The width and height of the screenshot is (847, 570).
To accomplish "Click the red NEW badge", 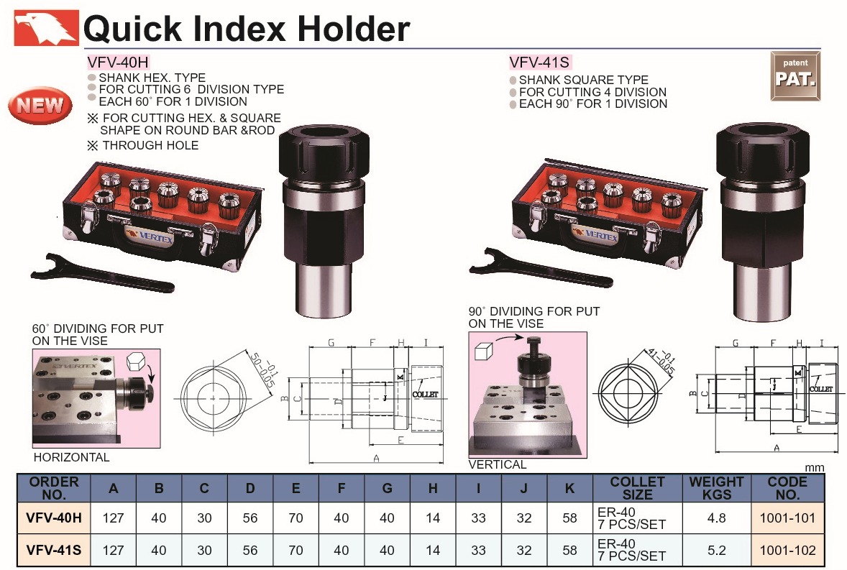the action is coord(40,105).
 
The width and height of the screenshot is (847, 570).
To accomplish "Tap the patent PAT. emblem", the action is coord(795,76).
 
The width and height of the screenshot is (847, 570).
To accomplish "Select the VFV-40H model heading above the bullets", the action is coord(118,62).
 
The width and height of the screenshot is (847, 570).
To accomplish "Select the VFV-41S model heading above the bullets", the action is coord(539,63).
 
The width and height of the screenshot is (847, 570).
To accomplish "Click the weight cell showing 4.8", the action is coord(716,518).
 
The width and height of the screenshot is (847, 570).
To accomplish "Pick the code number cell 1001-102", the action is coord(787,550).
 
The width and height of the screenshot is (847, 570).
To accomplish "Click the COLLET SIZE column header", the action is coord(638,488).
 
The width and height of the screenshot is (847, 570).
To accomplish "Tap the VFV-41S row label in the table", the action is coord(54,550).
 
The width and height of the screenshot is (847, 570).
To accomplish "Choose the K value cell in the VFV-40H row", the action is coord(569,518).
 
